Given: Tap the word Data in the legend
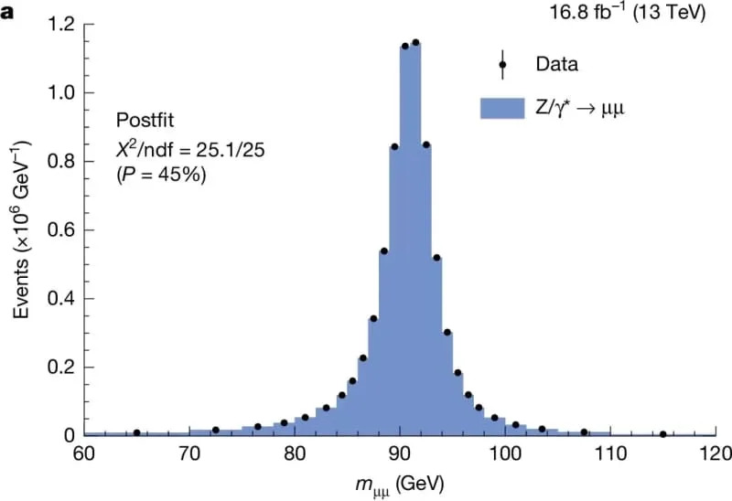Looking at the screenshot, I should (x=557, y=65).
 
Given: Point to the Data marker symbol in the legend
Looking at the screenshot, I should (x=501, y=65).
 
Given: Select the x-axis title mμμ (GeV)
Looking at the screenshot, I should (x=398, y=481).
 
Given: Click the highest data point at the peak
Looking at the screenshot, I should (x=415, y=42).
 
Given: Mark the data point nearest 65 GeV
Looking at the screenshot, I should (x=136, y=432).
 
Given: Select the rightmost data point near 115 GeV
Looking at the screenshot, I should (x=662, y=434).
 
